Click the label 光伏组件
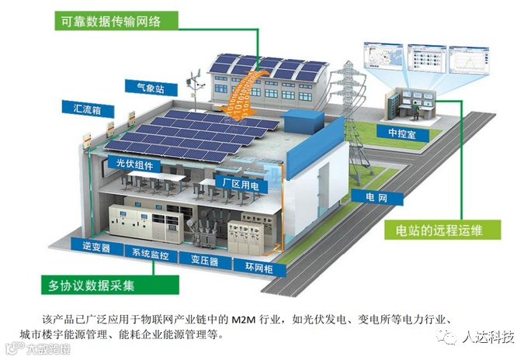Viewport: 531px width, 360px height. pos(134,164)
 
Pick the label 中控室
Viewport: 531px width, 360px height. pos(405,133)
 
